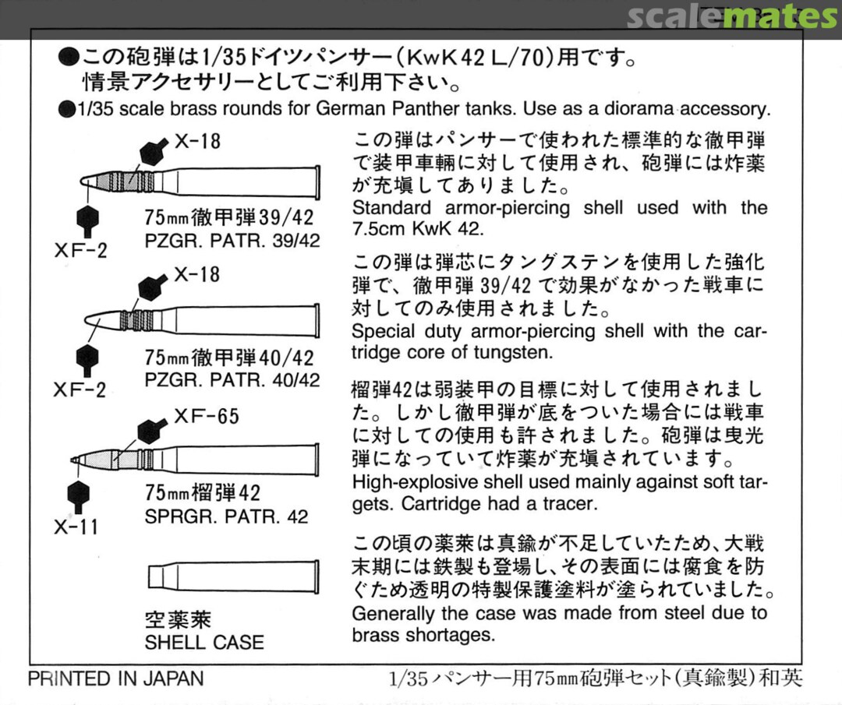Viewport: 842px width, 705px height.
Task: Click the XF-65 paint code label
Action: [x=206, y=417]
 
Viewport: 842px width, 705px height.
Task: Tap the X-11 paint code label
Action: [x=76, y=527]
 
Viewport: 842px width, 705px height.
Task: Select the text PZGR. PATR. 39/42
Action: [x=232, y=241]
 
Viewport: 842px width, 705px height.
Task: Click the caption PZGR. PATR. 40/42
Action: [x=232, y=380]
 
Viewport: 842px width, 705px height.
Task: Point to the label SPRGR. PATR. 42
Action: [x=226, y=516]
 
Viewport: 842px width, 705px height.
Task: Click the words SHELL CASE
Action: [x=204, y=643]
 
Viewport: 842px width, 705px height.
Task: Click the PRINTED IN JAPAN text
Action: [x=115, y=679]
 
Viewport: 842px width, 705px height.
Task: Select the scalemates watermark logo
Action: [x=732, y=16]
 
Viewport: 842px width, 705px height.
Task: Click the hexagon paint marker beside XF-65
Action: [x=150, y=430]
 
